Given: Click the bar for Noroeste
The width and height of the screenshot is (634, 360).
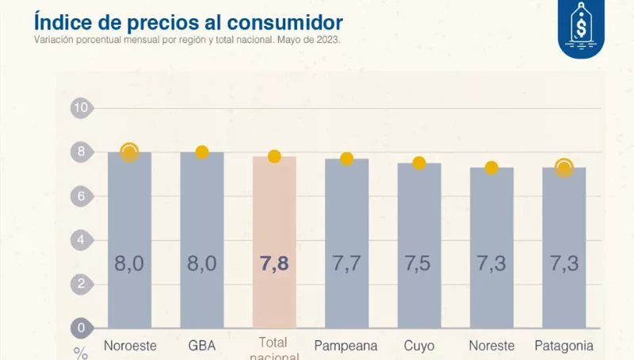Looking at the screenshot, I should [129, 238].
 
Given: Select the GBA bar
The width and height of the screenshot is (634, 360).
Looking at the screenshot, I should [201, 238].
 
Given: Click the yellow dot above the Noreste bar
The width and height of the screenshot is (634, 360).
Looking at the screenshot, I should [491, 167].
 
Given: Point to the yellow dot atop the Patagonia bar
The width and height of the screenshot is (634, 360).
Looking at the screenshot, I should [563, 167].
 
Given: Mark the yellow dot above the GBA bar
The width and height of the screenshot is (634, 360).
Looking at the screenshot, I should [201, 152].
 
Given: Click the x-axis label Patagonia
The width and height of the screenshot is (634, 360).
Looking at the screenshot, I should [563, 346].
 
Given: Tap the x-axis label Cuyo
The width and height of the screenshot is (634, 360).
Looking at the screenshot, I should [418, 346].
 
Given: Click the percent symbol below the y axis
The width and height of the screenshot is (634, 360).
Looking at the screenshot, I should [81, 353].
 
